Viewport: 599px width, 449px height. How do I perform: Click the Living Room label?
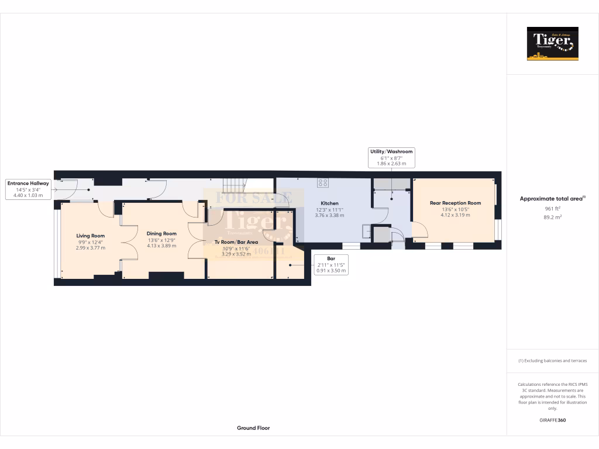tap(91, 236)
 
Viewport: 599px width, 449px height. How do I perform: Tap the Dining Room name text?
tap(161, 233)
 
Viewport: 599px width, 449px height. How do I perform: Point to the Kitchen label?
tap(329, 203)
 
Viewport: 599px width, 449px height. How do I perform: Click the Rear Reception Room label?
tap(455, 203)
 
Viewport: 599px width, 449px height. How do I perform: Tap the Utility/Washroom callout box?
tap(391, 157)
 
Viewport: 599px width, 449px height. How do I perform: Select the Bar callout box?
tap(331, 264)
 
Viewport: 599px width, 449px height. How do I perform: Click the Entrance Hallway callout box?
tap(28, 189)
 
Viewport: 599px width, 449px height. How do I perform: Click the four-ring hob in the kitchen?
tap(322, 182)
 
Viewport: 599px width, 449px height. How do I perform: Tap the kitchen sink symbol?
tap(367, 232)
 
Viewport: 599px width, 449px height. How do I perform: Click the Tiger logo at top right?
tap(552, 43)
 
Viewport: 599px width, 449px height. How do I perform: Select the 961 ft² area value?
tap(552, 208)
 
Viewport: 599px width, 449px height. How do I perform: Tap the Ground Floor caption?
tap(253, 428)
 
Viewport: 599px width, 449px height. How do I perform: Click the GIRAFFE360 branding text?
tap(552, 420)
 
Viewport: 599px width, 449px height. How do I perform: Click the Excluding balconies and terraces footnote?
tap(552, 361)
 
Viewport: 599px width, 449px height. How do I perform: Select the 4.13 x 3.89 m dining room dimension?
tap(162, 246)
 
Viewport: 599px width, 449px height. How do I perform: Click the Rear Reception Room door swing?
tap(418, 230)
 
